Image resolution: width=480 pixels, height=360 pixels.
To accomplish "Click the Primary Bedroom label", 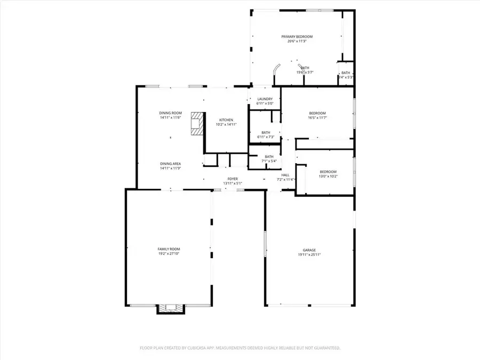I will [297, 36].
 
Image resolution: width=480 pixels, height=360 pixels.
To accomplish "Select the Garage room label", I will [309, 250].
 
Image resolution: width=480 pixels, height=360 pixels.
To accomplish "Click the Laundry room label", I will [265, 99].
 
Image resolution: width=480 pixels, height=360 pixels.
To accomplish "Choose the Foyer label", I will [233, 179].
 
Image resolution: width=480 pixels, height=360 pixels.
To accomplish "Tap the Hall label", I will [285, 175].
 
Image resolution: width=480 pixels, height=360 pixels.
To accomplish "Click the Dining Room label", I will [171, 113].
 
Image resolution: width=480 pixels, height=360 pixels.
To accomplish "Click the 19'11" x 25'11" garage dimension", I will [309, 255].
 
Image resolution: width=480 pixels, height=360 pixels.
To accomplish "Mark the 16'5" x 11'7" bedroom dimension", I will [317, 118].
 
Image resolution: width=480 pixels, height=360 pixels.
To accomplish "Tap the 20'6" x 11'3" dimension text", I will [297, 41].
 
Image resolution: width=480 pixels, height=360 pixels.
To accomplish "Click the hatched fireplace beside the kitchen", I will [198, 123].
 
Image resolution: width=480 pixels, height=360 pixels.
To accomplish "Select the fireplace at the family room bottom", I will [171, 308].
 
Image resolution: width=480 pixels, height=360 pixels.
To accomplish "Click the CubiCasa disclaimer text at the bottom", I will [240, 348].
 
